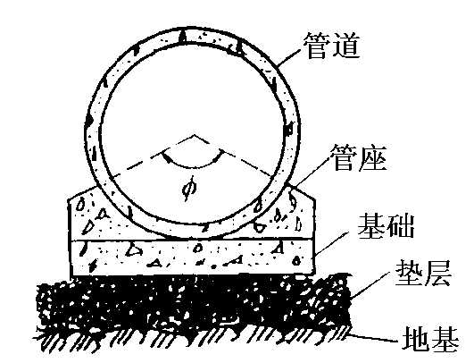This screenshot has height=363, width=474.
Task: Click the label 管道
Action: point(332,46)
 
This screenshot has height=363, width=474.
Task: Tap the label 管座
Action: point(359,157)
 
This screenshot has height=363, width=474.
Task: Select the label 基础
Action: point(386,226)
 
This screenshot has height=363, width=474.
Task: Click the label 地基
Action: point(430,339)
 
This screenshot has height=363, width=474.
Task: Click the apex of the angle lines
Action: point(194,135)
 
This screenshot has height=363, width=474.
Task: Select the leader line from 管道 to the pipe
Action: point(289,57)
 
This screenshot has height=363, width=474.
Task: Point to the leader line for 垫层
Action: point(370,285)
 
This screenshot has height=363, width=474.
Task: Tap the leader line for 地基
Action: point(373,337)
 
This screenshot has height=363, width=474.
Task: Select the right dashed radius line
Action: point(233,156)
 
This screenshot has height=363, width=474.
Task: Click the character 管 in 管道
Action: point(318,46)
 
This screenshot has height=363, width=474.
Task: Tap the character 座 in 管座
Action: point(373,157)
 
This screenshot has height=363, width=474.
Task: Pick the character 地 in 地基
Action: point(416,339)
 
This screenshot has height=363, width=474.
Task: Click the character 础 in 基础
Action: point(400,226)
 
